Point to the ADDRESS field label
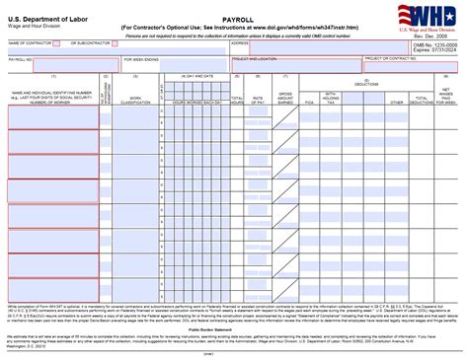tap(239, 44)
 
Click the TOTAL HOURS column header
tap(237, 100)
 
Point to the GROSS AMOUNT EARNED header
tap(284, 98)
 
